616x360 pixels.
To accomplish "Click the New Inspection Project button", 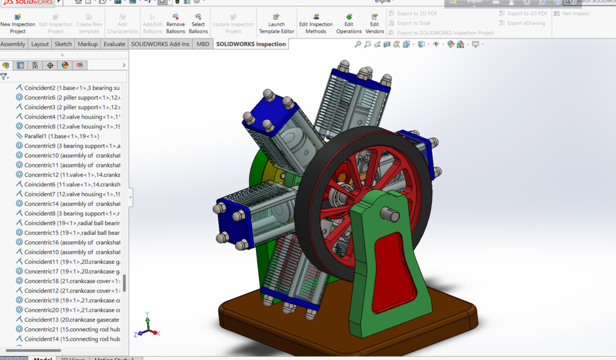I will coord(17,23).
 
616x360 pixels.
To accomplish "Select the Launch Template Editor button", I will coord(277,23).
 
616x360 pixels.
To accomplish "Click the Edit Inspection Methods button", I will coord(316,23).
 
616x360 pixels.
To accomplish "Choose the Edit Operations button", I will coord(348,23).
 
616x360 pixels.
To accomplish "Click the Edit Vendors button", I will coord(374,23).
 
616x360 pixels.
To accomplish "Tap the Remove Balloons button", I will coord(175,23).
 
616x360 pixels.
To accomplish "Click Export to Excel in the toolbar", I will coord(413,23).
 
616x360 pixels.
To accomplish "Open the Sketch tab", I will coord(63,44).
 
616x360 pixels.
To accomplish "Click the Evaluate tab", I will coord(114,44).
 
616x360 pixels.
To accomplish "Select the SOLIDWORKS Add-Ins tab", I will coord(160,44).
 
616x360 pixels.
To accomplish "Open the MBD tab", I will coord(203,44).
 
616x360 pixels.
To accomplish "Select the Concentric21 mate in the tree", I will coord(71,329).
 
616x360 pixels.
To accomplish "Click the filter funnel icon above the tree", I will coord(4,76).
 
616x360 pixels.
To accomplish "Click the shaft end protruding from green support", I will coord(390,214).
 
